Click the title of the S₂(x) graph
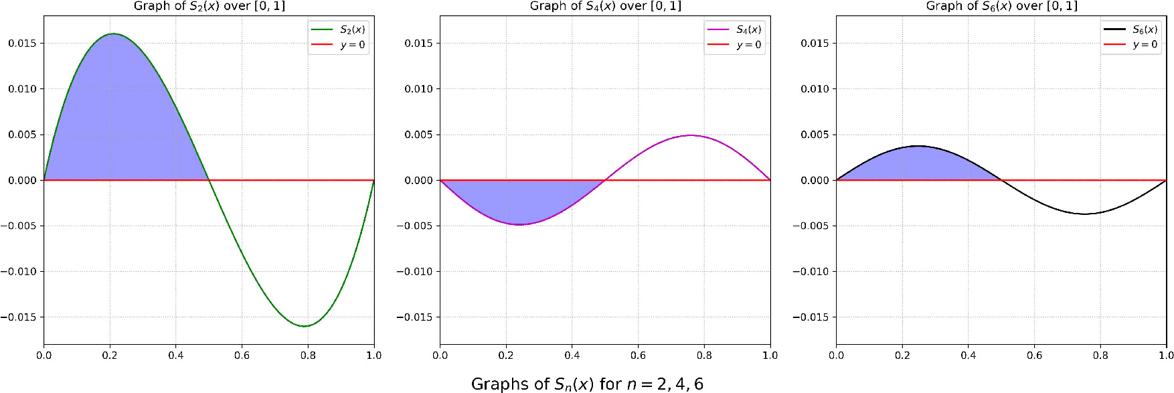click(209, 6)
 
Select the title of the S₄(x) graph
click(605, 6)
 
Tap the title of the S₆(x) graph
click(1001, 6)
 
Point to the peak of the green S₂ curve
click(113, 33)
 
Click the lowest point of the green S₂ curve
click(305, 326)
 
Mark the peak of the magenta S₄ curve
click(691, 135)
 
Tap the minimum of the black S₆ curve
click(1085, 214)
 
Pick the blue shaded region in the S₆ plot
click(917, 164)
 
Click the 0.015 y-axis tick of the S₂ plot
click(22, 44)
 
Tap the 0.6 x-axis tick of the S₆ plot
click(1034, 356)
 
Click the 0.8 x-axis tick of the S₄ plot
click(704, 356)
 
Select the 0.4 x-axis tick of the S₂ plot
click(176, 356)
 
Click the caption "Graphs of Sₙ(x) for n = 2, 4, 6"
click(587, 384)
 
